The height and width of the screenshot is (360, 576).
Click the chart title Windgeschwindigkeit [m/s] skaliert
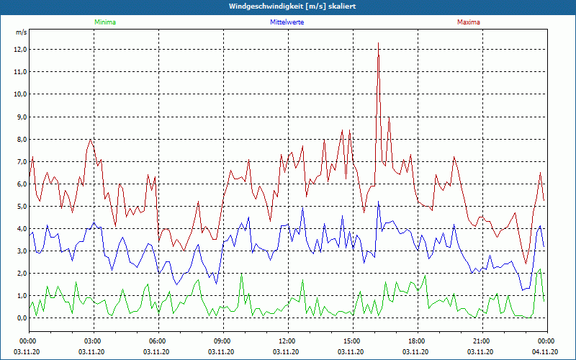click(287, 6)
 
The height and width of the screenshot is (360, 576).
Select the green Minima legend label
click(104, 22)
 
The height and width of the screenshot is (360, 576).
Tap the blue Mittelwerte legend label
click(287, 22)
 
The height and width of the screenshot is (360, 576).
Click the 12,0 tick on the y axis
click(19, 50)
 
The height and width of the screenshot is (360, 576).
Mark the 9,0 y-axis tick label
click(21, 117)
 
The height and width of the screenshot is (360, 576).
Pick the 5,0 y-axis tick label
click(21, 207)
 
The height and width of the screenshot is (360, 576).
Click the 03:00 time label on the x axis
click(93, 341)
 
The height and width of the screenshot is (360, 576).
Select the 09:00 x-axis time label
click(222, 341)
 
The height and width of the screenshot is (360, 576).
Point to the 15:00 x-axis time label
click(352, 341)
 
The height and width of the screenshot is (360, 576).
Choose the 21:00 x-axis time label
click(482, 341)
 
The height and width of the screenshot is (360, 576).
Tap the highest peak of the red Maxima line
click(378, 43)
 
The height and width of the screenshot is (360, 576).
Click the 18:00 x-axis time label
click(417, 341)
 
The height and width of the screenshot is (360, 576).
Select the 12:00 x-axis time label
click(287, 341)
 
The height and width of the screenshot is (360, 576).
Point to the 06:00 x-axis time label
click(158, 341)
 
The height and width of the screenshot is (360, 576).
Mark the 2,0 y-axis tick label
click(21, 274)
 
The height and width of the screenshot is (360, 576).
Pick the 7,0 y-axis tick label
click(21, 161)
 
